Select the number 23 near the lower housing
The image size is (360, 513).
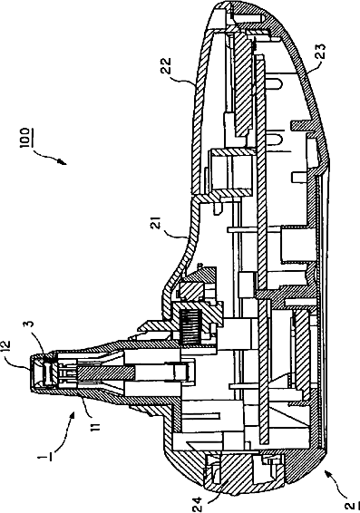click(321, 53)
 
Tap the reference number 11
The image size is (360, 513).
click(94, 423)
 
